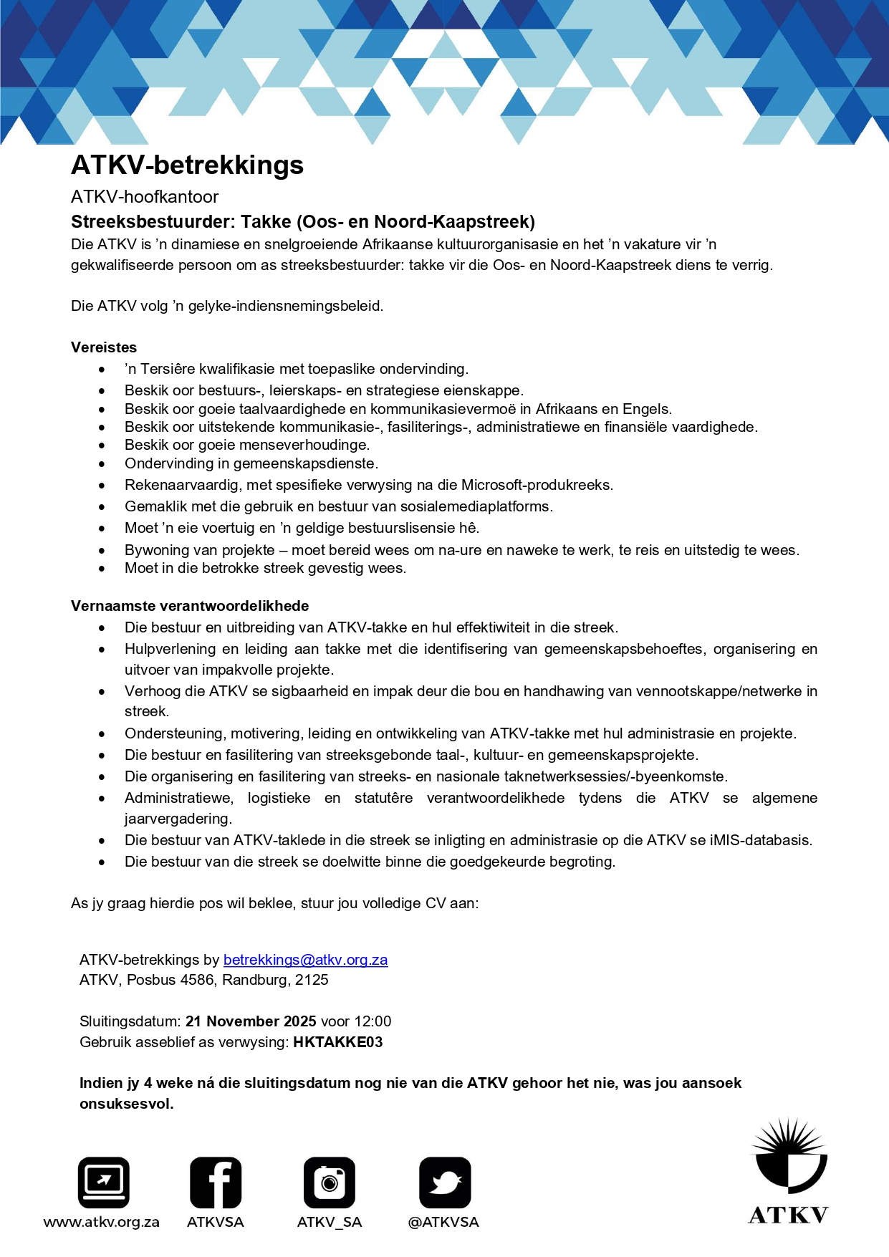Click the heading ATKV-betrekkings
187,165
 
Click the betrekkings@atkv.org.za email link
305,960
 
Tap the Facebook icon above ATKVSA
216,1183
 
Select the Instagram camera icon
330,1183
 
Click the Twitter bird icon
445,1183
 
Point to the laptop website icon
104,1183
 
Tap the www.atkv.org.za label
102,1222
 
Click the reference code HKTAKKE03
337,1042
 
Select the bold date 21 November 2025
251,1021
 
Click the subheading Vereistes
104,347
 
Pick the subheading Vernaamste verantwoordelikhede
190,606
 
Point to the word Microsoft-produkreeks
537,485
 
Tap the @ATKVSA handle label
443,1222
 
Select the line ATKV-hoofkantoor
145,197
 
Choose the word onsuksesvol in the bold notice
126,1104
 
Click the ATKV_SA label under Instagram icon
330,1222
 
